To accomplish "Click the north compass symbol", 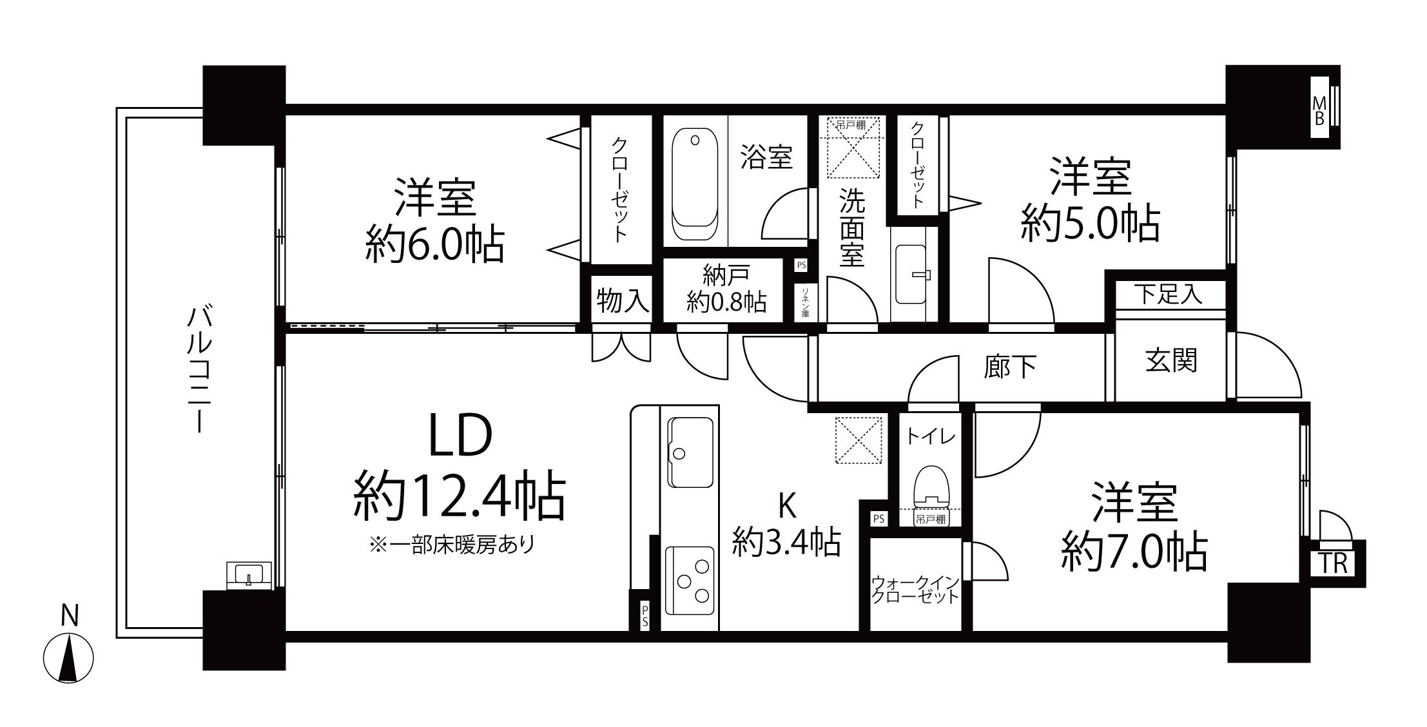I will pyautogui.click(x=68, y=658).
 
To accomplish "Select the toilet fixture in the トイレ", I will pyautogui.click(x=931, y=485).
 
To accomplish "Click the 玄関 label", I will pyautogui.click(x=1171, y=361).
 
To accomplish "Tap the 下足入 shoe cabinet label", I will pyautogui.click(x=1169, y=295).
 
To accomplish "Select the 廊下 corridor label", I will pyautogui.click(x=1010, y=367).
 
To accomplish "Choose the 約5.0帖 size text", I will pyautogui.click(x=1091, y=224).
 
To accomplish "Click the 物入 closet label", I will pyautogui.click(x=622, y=300).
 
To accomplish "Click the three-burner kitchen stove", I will pyautogui.click(x=690, y=582).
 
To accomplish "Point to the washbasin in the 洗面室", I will pyautogui.click(x=913, y=274).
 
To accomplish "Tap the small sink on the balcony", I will pyautogui.click(x=249, y=574).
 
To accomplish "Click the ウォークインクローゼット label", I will pyautogui.click(x=915, y=590).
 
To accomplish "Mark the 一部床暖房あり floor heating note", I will pyautogui.click(x=452, y=545).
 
